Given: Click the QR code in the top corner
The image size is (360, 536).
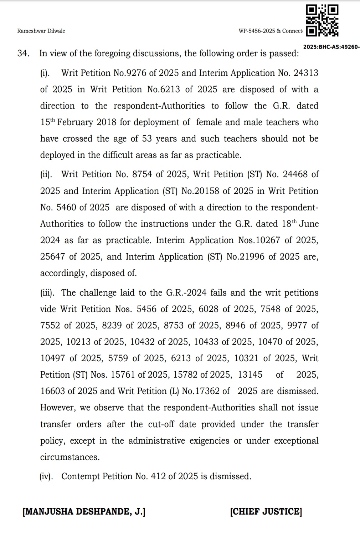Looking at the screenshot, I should pyautogui.click(x=322, y=21).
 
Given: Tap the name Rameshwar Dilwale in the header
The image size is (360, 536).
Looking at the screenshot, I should pyautogui.click(x=41, y=31).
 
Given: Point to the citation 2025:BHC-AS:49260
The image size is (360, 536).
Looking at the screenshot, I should pyautogui.click(x=331, y=47).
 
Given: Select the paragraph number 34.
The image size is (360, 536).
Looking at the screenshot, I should pyautogui.click(x=23, y=53).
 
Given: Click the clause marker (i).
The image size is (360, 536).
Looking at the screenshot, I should pyautogui.click(x=45, y=73).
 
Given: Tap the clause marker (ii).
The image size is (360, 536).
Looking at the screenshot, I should pyautogui.click(x=46, y=174).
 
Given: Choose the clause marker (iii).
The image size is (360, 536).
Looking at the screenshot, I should pyautogui.click(x=47, y=293).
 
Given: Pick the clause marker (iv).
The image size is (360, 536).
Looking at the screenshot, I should pyautogui.click(x=46, y=476).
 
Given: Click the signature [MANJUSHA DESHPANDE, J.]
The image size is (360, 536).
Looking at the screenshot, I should pyautogui.click(x=84, y=512).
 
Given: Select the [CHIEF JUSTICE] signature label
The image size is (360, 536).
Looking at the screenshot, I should pyautogui.click(x=266, y=512).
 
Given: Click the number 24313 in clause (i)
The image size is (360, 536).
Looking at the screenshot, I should pyautogui.click(x=306, y=73).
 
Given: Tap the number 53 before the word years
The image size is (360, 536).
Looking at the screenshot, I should pyautogui.click(x=147, y=139).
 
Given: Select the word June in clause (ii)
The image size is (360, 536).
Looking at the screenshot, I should pyautogui.click(x=309, y=224).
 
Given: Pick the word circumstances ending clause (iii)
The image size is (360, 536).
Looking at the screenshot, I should pyautogui.click(x=70, y=457).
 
